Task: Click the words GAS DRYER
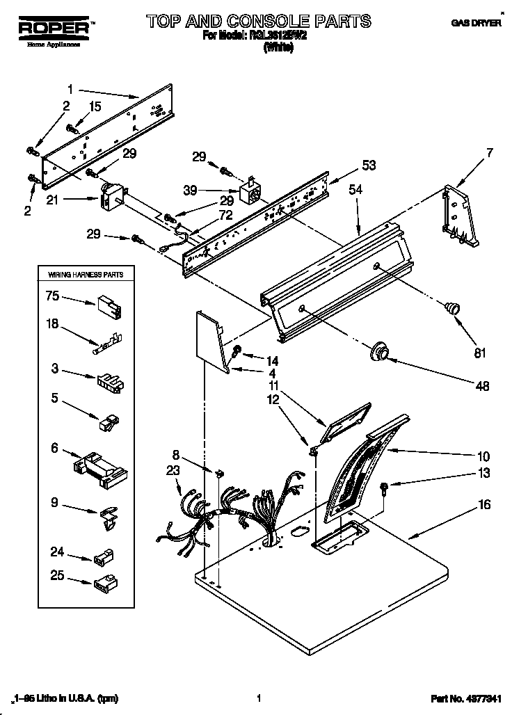click(477, 23)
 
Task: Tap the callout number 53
click(369, 165)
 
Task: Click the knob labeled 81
click(454, 308)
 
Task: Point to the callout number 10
click(484, 457)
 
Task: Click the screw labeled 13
click(385, 488)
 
